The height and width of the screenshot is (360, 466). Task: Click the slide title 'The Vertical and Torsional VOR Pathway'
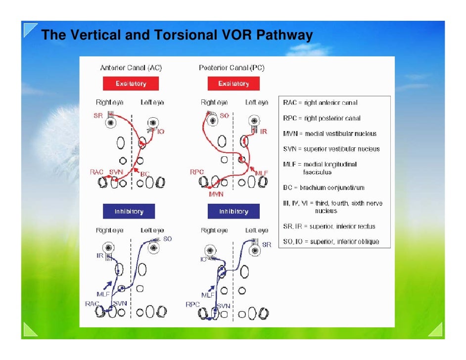(x=177, y=35)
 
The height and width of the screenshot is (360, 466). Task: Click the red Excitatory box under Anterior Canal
(x=131, y=84)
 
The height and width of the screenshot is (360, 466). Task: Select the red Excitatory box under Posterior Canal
(x=233, y=84)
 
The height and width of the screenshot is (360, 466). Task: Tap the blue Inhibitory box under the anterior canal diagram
(x=129, y=211)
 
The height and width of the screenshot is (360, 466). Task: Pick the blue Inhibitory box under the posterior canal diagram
(x=233, y=211)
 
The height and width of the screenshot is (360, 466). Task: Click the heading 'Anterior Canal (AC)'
(x=131, y=68)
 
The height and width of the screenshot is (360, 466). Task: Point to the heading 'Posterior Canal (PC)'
(x=232, y=68)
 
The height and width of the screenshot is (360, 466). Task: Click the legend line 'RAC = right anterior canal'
(x=320, y=103)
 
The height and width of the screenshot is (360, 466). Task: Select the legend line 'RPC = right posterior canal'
(x=322, y=118)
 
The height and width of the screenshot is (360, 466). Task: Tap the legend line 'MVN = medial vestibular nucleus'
(x=329, y=134)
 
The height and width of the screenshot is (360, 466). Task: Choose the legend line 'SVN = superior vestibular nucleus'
(x=331, y=149)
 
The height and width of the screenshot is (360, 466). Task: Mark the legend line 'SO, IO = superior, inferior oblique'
(x=331, y=241)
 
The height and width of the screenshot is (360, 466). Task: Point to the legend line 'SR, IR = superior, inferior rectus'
(x=329, y=226)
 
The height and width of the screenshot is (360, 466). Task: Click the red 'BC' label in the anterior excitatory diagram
(x=145, y=174)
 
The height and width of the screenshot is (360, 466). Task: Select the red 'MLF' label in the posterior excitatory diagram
(x=262, y=173)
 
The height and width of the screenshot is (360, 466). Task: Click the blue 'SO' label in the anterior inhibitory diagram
(x=167, y=239)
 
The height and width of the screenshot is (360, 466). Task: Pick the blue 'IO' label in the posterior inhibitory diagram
(x=204, y=259)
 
